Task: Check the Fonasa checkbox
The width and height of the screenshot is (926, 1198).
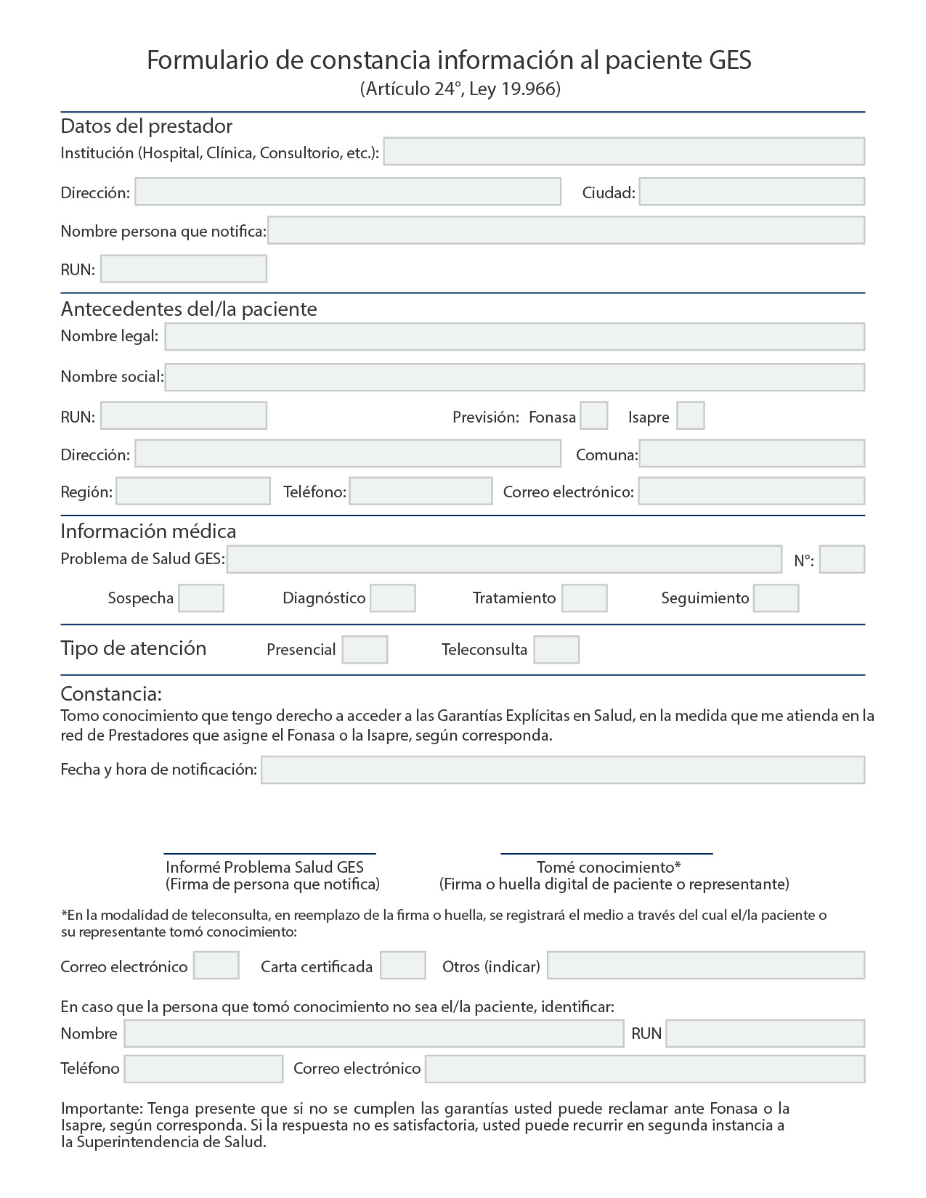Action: (594, 416)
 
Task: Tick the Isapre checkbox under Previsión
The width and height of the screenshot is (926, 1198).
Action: (690, 416)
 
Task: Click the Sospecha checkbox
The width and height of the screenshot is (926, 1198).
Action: (201, 598)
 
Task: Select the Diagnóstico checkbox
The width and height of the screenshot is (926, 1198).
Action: (392, 598)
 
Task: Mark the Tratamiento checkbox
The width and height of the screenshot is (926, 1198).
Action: (584, 598)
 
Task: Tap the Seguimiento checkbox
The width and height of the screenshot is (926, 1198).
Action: (776, 598)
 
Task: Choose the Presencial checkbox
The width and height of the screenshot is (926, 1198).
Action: (365, 650)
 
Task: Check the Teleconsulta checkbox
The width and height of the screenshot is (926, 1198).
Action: (556, 650)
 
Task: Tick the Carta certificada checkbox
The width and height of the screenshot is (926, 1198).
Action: (402, 966)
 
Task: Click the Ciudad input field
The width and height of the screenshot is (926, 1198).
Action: (752, 192)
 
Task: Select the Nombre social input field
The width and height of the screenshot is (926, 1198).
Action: (514, 378)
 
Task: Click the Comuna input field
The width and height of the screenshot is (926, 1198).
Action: (752, 454)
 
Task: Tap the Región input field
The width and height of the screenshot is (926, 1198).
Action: (193, 492)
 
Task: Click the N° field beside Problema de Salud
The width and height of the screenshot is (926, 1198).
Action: (842, 560)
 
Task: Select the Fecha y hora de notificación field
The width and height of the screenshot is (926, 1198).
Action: (563, 770)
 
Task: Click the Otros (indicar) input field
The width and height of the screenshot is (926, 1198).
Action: (706, 966)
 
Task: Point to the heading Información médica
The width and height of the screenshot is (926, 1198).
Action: (148, 531)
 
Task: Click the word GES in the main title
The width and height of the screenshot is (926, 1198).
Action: (730, 60)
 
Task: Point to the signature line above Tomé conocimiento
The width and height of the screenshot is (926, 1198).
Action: (606, 854)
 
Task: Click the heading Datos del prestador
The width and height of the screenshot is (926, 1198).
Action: (146, 126)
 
